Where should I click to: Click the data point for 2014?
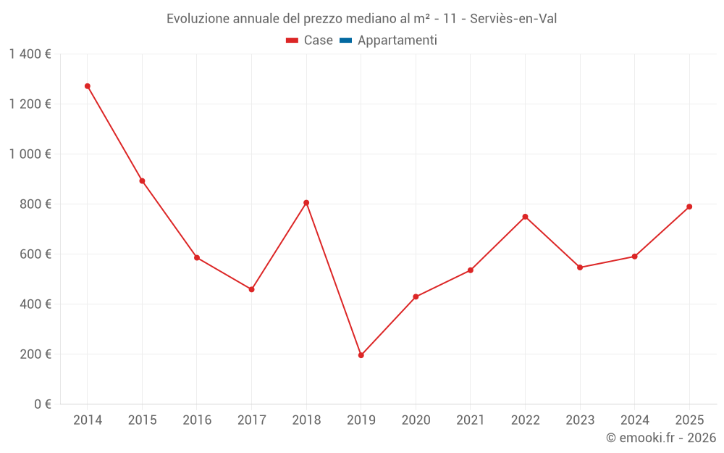coord(88,86)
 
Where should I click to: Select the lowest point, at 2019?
coord(361,355)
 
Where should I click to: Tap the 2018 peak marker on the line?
coord(306,203)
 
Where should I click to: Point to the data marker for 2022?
coord(525,217)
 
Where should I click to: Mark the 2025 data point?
coord(689,207)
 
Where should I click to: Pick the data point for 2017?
coord(251,289)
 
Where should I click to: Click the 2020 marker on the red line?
coord(416,296)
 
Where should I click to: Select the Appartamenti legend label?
coord(397,41)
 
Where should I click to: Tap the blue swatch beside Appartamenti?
coord(345,41)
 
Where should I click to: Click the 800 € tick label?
coord(35,204)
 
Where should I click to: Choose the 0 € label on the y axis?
coord(42,404)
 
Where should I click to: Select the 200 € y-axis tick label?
coord(35,354)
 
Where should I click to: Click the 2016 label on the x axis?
coord(197,420)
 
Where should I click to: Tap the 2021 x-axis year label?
coord(471,420)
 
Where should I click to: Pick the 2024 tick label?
coord(634,420)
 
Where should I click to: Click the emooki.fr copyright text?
coord(661,438)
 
